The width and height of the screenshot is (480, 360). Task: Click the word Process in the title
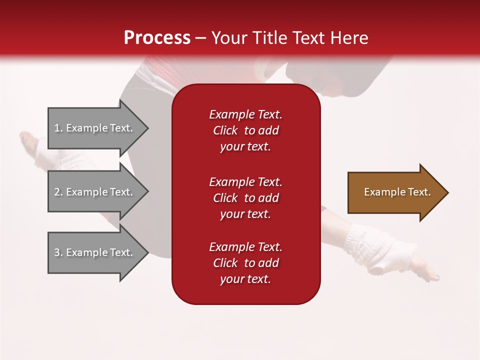tap(157, 38)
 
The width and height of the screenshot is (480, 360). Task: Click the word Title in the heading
tap(268, 38)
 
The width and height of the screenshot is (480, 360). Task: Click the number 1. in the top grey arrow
tap(58, 128)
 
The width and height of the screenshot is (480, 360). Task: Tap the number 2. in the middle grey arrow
tap(58, 192)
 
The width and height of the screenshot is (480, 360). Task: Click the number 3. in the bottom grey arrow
tap(58, 252)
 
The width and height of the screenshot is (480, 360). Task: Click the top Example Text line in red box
tap(245, 114)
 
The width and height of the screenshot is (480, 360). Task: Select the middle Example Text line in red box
tap(245, 182)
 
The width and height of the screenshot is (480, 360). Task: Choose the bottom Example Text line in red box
tap(245, 247)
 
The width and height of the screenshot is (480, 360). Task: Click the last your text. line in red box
tap(245, 279)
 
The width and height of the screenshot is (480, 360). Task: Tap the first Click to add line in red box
tap(245, 130)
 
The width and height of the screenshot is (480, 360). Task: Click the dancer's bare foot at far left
tap(30, 142)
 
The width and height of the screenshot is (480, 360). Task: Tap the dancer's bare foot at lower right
tap(427, 272)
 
